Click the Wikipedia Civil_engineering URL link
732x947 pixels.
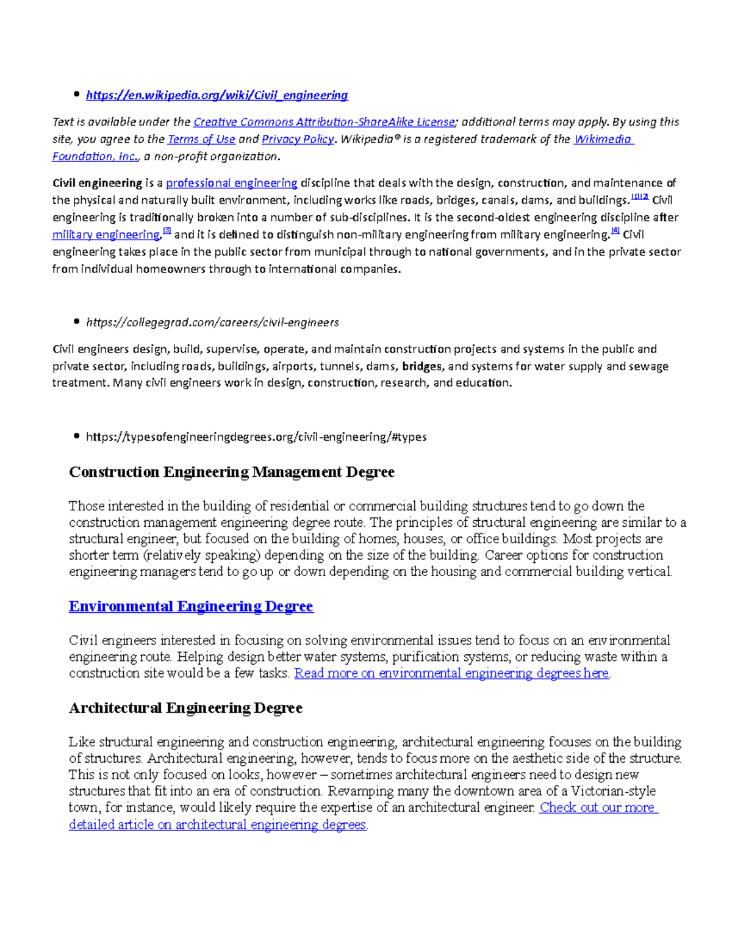click(x=217, y=95)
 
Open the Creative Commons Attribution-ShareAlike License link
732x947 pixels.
click(x=324, y=122)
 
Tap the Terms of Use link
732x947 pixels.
click(x=201, y=139)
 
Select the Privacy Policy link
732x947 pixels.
click(x=298, y=139)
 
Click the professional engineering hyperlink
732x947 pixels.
click(x=231, y=183)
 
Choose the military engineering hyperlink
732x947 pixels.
click(x=106, y=235)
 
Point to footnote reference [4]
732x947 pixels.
click(x=615, y=231)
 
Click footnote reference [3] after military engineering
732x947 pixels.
click(x=167, y=231)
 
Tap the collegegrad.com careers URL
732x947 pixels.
click(x=212, y=322)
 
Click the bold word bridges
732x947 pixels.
click(x=422, y=366)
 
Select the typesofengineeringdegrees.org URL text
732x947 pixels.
click(x=256, y=437)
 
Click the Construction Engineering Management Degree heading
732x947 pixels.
click(x=232, y=472)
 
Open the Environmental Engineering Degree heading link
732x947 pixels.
click(x=191, y=606)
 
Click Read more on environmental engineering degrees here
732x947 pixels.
click(x=451, y=673)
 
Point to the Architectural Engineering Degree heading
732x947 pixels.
click(x=185, y=708)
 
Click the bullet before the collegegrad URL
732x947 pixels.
click(x=76, y=321)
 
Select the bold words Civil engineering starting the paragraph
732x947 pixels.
click(x=97, y=183)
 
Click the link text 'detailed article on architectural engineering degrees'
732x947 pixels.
click(x=218, y=824)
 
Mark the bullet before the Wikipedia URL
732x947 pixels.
click(x=76, y=94)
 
